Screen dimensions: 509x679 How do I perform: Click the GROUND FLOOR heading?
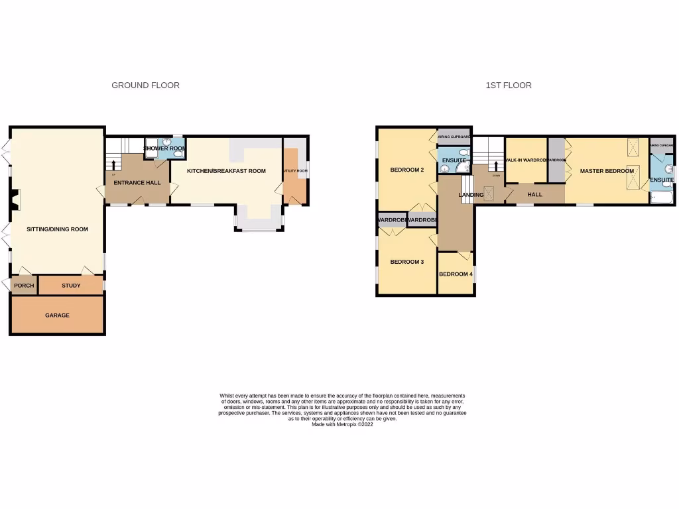click(x=145, y=85)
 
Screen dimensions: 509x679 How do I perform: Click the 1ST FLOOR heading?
click(x=509, y=85)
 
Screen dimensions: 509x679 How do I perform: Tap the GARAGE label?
click(x=57, y=315)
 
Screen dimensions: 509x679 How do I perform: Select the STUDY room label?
click(x=71, y=286)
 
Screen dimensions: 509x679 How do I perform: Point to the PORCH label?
click(x=24, y=286)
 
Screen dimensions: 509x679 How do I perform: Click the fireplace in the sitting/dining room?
click(x=15, y=199)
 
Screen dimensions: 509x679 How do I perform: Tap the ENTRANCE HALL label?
click(x=137, y=183)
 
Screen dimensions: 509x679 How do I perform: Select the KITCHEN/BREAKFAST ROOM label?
click(x=226, y=171)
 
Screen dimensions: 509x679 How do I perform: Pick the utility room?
click(x=295, y=171)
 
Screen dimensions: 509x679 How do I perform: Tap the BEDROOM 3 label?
click(x=406, y=262)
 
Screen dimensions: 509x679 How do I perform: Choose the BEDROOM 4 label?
click(x=456, y=274)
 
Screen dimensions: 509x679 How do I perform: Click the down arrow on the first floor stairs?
click(x=496, y=166)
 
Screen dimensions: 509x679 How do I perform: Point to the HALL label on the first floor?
click(x=534, y=195)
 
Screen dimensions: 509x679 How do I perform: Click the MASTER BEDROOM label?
click(x=607, y=171)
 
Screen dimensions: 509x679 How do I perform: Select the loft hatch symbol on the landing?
click(x=489, y=194)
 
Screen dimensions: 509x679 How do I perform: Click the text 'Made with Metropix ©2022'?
click(x=342, y=424)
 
